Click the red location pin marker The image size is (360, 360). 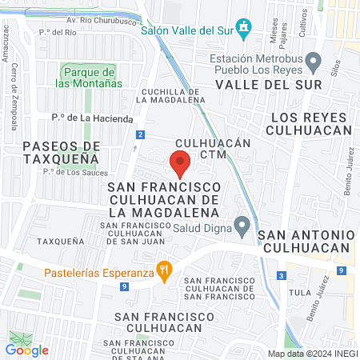[x=180, y=165]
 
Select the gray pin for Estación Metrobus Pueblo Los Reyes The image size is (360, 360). [x=314, y=61]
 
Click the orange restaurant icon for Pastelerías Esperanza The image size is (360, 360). [x=165, y=271]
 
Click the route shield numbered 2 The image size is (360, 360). [x=140, y=134]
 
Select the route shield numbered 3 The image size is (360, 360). [x=282, y=275]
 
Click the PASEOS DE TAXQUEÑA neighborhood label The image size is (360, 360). [x=62, y=152]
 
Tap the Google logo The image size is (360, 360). [x=27, y=350]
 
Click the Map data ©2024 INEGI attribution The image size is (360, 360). [x=312, y=354]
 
